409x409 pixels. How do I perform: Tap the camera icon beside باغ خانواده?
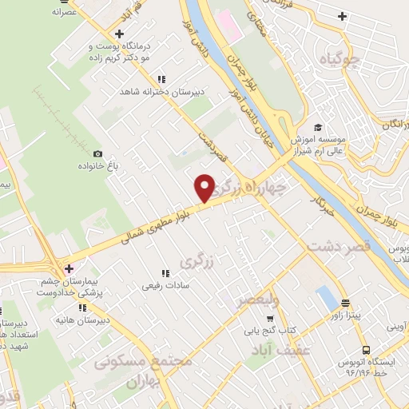[98, 153]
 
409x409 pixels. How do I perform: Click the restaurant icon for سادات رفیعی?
[165, 272]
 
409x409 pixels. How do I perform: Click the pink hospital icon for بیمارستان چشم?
[70, 268]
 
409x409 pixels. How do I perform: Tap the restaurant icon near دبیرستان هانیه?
[82, 307]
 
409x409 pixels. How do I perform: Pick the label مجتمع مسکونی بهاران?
[146, 369]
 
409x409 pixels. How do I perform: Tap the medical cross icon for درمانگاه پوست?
[119, 34]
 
